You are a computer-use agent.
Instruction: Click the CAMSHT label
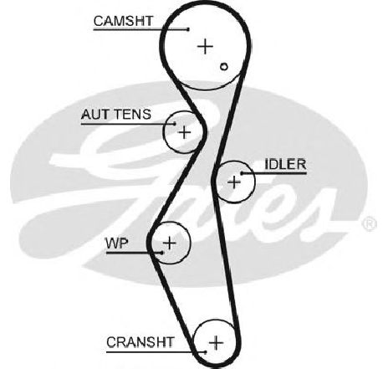[123, 21]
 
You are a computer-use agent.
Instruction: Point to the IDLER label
[285, 164]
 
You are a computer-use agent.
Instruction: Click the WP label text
[117, 243]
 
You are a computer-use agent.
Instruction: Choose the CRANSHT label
[140, 342]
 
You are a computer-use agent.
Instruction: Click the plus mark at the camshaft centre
[205, 46]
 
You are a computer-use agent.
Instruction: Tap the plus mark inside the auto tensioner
[184, 132]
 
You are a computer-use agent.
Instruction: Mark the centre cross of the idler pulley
[234, 182]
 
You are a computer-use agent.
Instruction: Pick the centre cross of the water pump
[170, 243]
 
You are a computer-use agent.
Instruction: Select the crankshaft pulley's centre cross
[216, 342]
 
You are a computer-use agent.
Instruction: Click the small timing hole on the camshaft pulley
[224, 67]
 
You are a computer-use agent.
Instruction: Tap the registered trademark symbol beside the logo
[369, 223]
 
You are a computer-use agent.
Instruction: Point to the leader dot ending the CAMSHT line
[188, 29]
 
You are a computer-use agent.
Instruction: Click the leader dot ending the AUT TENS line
[175, 124]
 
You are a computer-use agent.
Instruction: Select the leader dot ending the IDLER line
[242, 173]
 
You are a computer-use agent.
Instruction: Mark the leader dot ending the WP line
[162, 253]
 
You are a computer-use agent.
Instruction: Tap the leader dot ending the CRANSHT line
[206, 352]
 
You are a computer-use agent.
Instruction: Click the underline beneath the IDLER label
[274, 173]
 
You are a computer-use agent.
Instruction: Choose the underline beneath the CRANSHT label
[156, 352]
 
